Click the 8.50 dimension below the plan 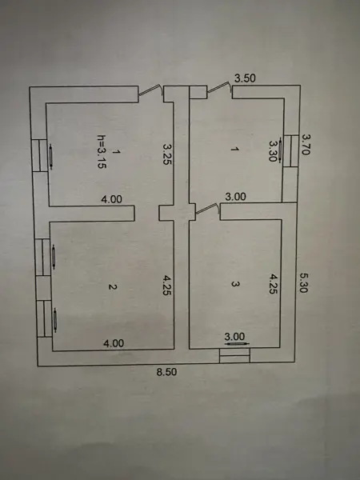pyautogui.click(x=166, y=372)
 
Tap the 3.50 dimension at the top pyautogui.click(x=245, y=78)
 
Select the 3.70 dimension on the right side pyautogui.click(x=306, y=144)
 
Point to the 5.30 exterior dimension pyautogui.click(x=303, y=283)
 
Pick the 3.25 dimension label pyautogui.click(x=167, y=154)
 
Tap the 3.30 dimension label pyautogui.click(x=273, y=150)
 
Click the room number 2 pyautogui.click(x=112, y=287)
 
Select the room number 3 pyautogui.click(x=234, y=284)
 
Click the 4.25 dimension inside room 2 pyautogui.click(x=167, y=286)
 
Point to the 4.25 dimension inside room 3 pyautogui.click(x=273, y=284)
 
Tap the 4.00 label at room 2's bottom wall pyautogui.click(x=114, y=343)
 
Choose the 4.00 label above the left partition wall pyautogui.click(x=111, y=199)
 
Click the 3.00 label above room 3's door pyautogui.click(x=235, y=197)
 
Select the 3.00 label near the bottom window pyautogui.click(x=234, y=337)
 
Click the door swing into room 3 pyautogui.click(x=208, y=208)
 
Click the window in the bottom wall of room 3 pyautogui.click(x=234, y=355)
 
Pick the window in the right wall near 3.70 pyautogui.click(x=290, y=151)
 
